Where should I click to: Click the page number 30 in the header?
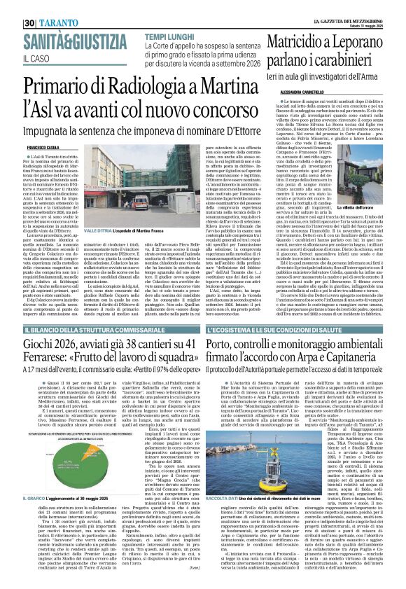[31, 6]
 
